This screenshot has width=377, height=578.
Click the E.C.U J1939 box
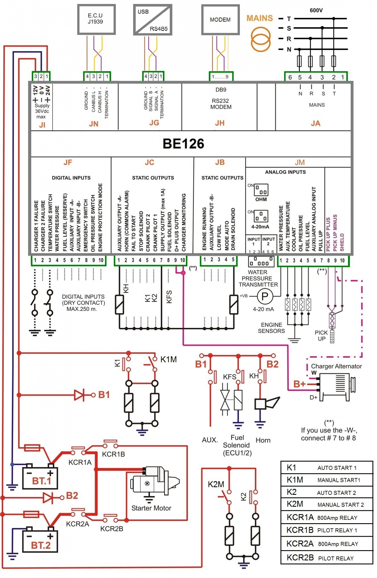point(96,19)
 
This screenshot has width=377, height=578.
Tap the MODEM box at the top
point(220,20)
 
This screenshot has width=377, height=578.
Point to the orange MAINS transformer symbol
point(261,39)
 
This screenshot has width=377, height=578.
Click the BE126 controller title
point(183,144)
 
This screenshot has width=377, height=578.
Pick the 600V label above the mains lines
point(316,10)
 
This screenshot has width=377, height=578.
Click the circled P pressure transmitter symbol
point(265,296)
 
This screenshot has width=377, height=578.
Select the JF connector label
point(68,163)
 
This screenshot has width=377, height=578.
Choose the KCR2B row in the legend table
point(327,558)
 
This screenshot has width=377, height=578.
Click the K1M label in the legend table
point(295,480)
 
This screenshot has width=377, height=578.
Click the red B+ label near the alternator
point(299,384)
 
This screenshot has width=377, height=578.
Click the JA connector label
point(315,123)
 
